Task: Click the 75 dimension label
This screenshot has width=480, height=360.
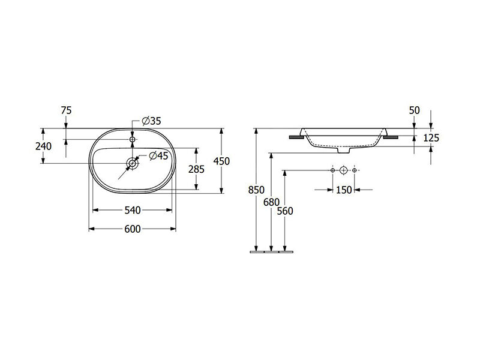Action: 66,110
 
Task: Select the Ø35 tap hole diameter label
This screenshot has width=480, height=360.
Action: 152,121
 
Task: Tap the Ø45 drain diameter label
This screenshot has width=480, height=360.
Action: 158,156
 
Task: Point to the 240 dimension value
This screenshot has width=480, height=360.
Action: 43,146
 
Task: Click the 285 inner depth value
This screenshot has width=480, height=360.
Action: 196,169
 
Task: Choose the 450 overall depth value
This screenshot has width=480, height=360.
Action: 221,161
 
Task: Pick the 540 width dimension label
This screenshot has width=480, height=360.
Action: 132,211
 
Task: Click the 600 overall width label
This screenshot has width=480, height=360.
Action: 132,229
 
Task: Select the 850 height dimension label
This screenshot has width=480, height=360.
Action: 256,190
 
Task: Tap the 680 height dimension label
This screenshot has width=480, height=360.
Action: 271,202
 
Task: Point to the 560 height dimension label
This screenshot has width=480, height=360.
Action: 284,211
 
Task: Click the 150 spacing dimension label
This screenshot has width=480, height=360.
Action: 344,190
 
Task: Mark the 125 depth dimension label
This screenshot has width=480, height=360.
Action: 431,138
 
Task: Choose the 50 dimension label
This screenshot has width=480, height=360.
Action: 414,110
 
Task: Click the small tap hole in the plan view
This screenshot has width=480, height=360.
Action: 132,140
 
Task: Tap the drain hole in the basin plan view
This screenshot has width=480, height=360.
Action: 132,163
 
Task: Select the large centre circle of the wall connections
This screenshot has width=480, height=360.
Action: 343,170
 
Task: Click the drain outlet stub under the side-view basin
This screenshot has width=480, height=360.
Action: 343,150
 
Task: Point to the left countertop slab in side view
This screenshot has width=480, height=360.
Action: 296,137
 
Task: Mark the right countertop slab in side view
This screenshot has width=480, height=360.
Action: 391,137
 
